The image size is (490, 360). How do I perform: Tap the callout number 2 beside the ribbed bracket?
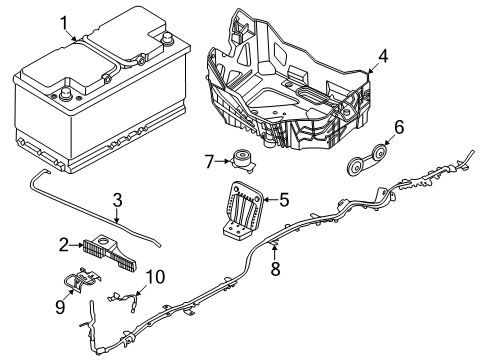coord(62,244)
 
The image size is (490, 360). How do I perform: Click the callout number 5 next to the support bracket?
coord(283,200)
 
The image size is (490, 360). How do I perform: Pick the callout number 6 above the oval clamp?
coord(398,126)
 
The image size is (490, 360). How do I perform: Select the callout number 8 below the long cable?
coord(275,267)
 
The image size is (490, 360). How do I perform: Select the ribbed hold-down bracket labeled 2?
coord(107,252)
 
